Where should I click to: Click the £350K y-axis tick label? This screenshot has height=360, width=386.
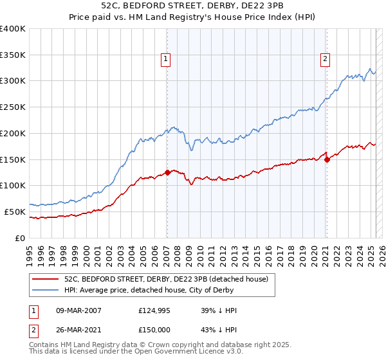click(13, 55)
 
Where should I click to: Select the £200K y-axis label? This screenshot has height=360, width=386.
click(13, 133)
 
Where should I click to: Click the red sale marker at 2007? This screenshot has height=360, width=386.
click(167, 172)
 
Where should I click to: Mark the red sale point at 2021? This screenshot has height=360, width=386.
click(327, 159)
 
